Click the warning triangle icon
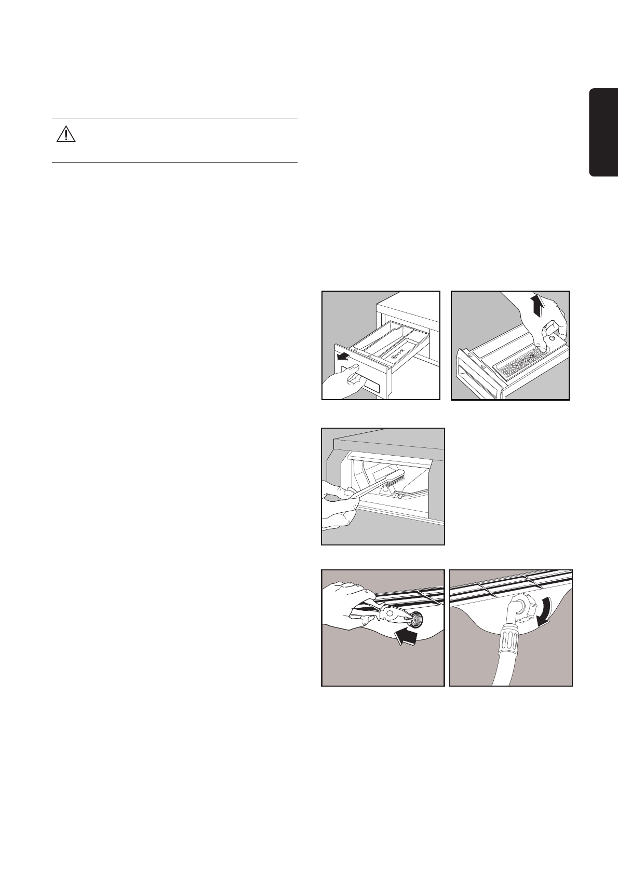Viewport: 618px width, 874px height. click(66, 134)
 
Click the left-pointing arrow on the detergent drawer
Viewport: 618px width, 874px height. click(343, 356)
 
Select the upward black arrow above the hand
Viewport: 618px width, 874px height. click(539, 306)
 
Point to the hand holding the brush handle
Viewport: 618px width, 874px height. click(338, 506)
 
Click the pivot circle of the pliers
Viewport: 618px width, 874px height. click(386, 614)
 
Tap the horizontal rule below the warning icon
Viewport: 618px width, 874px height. click(174, 162)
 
